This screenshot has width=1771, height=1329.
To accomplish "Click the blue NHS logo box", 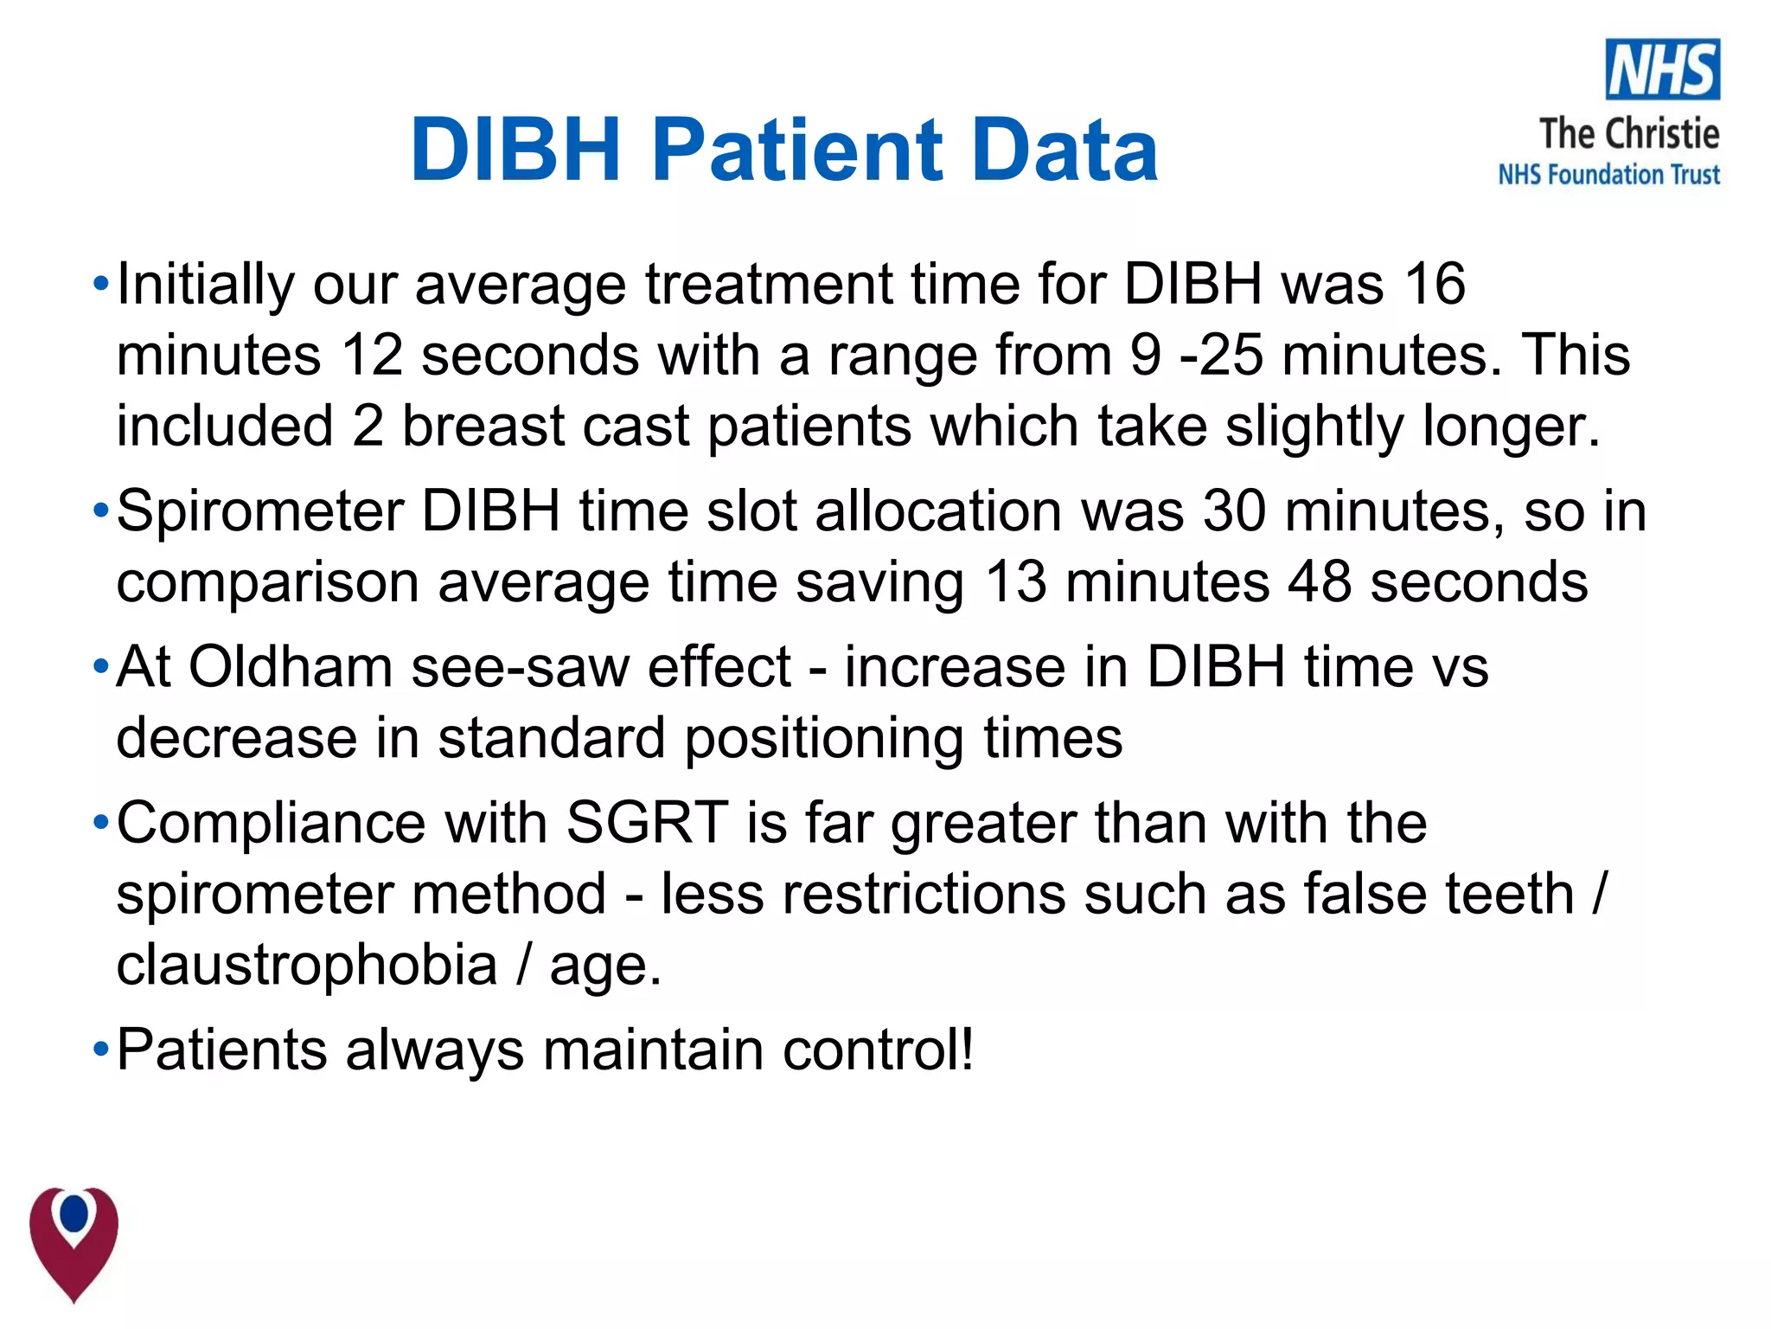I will click(1662, 69).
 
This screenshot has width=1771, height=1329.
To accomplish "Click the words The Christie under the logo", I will click(1629, 134).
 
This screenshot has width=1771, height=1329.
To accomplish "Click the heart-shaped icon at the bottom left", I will click(74, 1242).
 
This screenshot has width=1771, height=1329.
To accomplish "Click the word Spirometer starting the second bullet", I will click(259, 511).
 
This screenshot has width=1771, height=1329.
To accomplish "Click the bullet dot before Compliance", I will click(101, 823).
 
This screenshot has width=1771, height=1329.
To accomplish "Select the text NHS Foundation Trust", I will click(1608, 175).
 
